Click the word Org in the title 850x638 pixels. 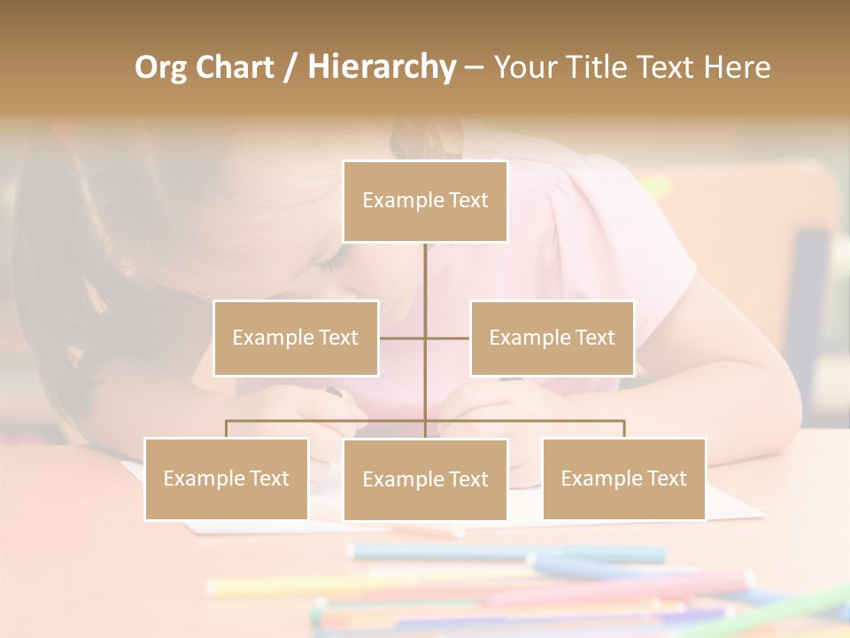coord(161,68)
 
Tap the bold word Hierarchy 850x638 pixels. coord(382,68)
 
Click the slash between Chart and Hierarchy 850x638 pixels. coord(290,68)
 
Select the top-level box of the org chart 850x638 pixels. coord(425,201)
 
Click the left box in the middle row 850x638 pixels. coord(296,338)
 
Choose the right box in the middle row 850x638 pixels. coord(552,338)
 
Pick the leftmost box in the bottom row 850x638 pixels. coord(227,478)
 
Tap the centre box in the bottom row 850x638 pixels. coord(425,479)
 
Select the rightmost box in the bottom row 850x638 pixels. coord(624,478)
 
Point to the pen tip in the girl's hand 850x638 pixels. coord(334,392)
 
